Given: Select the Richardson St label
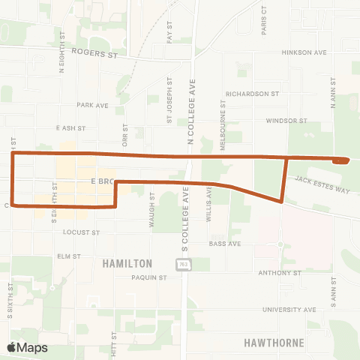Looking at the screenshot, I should point(252,94).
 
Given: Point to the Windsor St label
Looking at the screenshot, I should point(286,120).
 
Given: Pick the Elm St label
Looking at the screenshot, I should point(68,256).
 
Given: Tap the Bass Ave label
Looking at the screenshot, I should point(224,244).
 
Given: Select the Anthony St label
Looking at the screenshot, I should point(278,273).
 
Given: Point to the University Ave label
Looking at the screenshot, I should point(289,309).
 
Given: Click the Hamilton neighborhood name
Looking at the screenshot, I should point(127,263).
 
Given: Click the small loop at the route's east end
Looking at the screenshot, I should point(341,160).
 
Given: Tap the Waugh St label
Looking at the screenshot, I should point(151,206).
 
